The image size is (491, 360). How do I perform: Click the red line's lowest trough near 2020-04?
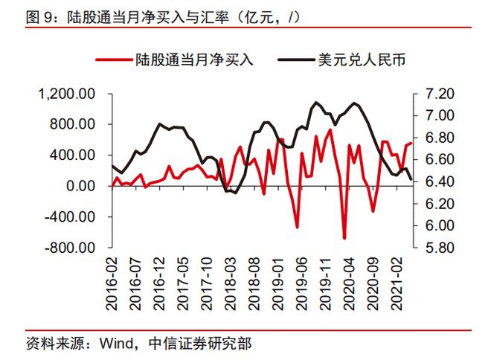tap(344, 238)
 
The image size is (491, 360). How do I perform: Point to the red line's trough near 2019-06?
tap(297, 228)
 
